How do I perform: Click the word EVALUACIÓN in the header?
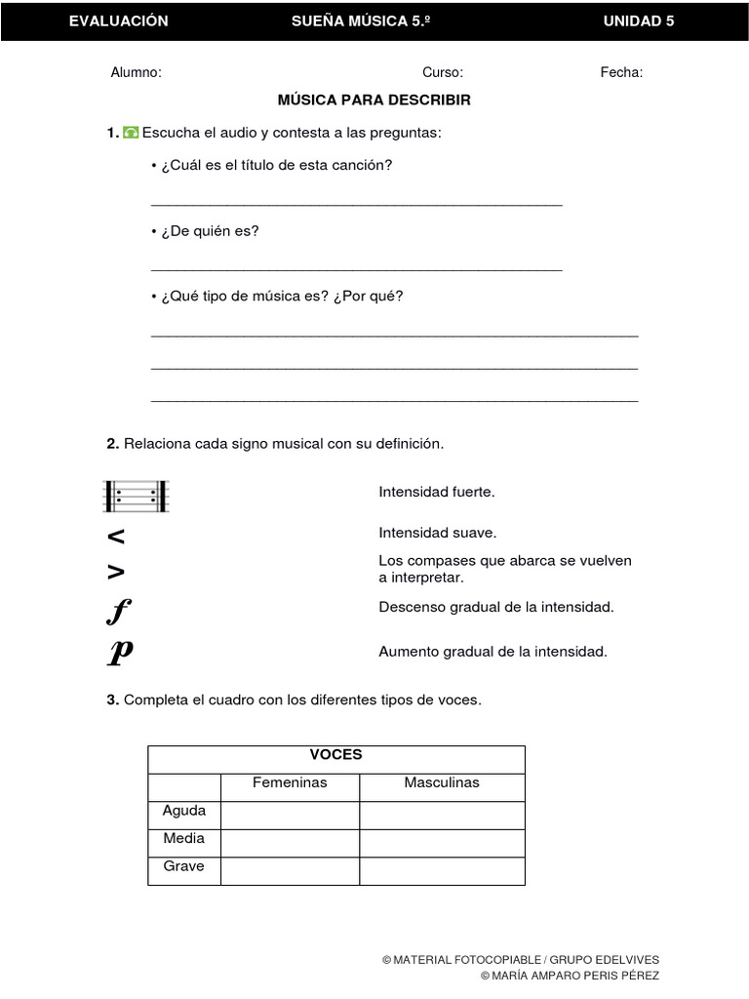[118, 21]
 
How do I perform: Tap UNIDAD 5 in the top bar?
[639, 21]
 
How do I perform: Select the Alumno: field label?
[136, 72]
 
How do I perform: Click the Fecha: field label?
[621, 72]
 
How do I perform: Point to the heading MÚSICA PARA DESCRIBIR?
[374, 100]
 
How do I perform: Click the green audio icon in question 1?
[131, 133]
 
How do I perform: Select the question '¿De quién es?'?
[206, 231]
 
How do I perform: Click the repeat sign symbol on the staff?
[137, 497]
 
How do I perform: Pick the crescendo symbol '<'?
[116, 537]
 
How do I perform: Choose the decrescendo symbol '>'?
[116, 572]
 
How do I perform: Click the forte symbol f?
[118, 612]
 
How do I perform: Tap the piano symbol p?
[119, 653]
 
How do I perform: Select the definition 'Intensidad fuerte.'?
[436, 492]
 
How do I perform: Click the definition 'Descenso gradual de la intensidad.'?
[495, 607]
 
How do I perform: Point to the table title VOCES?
[335, 755]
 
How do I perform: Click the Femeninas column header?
[290, 783]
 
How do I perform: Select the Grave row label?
[183, 866]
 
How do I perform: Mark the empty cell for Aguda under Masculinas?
[442, 815]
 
